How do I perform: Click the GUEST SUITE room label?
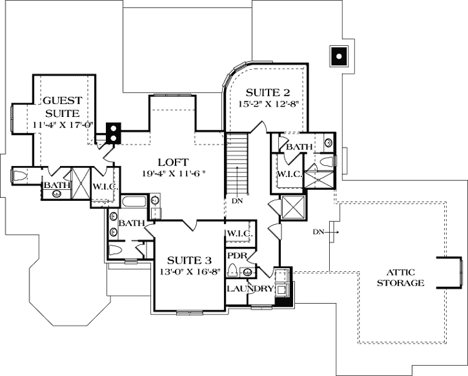tap(63, 106)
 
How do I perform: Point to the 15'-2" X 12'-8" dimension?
tap(269, 103)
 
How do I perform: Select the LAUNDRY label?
tap(250, 288)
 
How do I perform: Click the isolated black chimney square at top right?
tap(338, 56)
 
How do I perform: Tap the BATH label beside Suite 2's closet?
tap(299, 148)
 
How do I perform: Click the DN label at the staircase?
tap(237, 200)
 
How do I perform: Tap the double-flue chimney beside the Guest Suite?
tap(114, 132)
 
